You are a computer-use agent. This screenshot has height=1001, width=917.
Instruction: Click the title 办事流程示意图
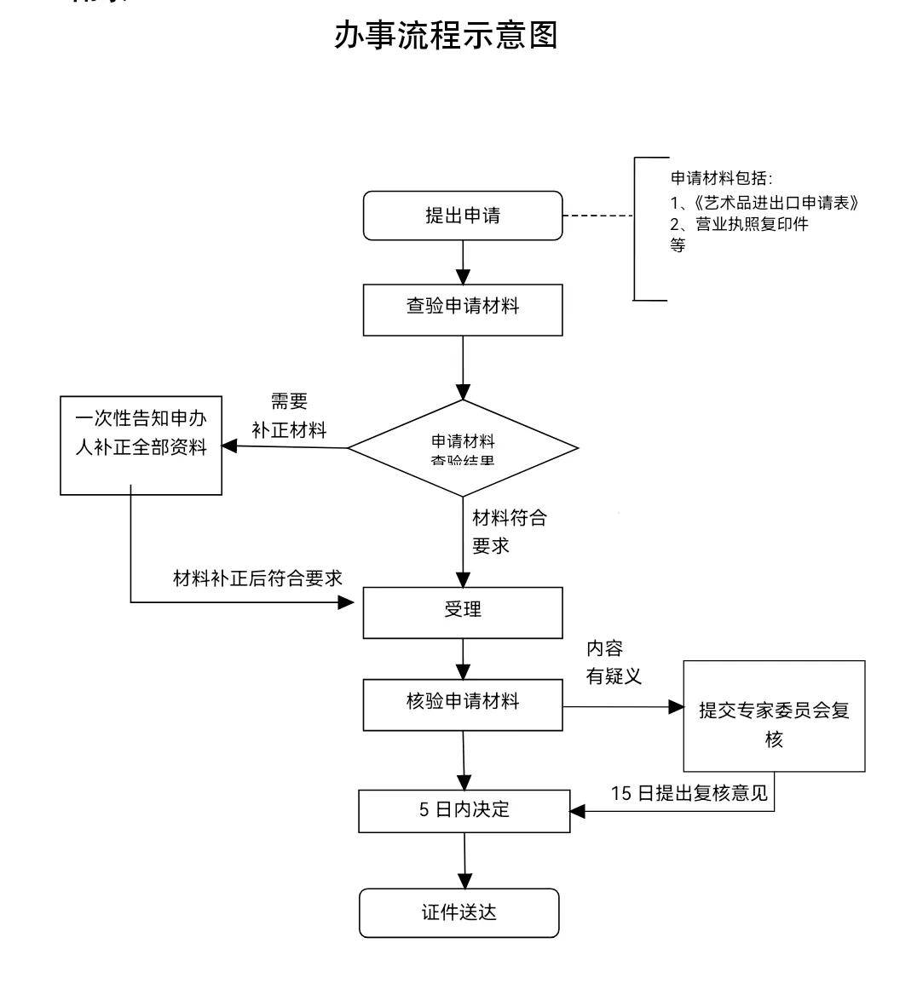(x=446, y=36)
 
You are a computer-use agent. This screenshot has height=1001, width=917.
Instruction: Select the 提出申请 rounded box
(x=463, y=216)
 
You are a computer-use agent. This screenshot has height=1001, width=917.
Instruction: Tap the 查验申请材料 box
(x=463, y=309)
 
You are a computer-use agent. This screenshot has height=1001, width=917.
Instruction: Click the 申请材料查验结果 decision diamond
(x=463, y=448)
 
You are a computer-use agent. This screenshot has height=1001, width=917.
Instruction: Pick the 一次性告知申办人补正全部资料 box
(x=141, y=445)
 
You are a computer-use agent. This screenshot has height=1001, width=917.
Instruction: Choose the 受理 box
(x=463, y=612)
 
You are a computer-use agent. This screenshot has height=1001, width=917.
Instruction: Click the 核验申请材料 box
(x=463, y=704)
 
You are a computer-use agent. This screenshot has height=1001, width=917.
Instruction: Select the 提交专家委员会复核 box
(x=774, y=716)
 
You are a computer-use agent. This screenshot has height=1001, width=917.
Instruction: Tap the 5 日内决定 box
(x=464, y=810)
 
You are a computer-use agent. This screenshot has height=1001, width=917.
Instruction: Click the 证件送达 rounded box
(x=459, y=913)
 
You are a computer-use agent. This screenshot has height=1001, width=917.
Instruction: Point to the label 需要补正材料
(x=289, y=416)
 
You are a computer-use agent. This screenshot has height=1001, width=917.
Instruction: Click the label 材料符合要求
(x=509, y=532)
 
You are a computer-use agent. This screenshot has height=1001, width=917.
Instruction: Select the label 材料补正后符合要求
(x=257, y=578)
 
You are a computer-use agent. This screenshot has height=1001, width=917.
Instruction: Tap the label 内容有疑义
(x=613, y=663)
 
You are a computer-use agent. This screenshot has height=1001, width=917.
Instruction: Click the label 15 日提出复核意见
(x=689, y=793)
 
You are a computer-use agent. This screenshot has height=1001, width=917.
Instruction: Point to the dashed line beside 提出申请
(x=597, y=216)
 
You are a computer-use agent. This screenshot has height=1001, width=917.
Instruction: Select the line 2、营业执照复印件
(x=739, y=225)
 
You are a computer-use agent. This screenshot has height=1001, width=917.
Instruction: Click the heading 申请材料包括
(x=721, y=178)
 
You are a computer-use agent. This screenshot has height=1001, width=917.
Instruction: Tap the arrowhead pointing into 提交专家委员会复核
(x=677, y=707)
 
